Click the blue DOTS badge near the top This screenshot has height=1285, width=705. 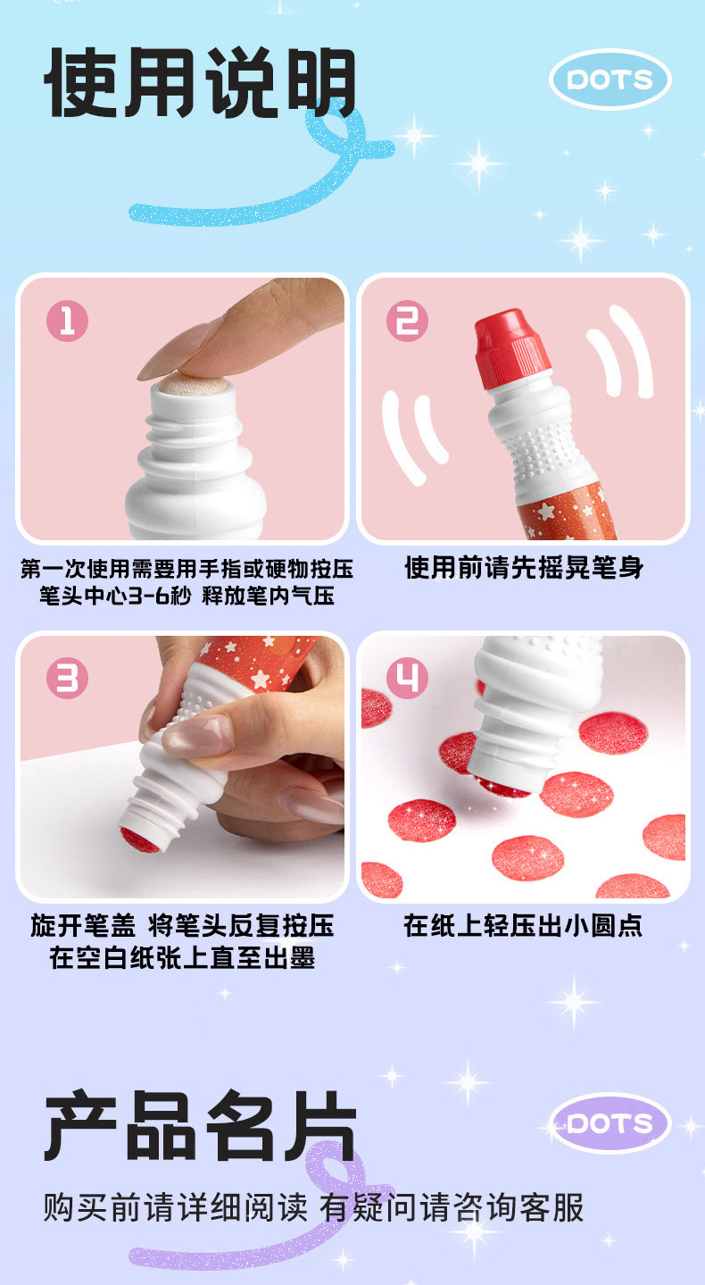tap(610, 79)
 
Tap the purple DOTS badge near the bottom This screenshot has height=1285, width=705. tap(610, 1123)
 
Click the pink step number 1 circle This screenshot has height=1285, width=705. tap(67, 321)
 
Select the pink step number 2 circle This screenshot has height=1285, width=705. tap(407, 321)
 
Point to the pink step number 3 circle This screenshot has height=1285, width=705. tap(67, 678)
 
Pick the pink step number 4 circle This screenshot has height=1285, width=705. tap(407, 678)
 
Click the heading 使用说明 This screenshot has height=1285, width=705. tap(200, 83)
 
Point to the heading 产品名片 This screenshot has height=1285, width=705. tap(200, 1125)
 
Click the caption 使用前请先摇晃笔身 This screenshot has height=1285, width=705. tap(524, 567)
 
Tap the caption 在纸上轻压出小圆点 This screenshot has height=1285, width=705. tap(523, 925)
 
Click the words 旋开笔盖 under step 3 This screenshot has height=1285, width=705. tap(83, 925)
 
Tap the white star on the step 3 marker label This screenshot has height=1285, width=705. tap(261, 680)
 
